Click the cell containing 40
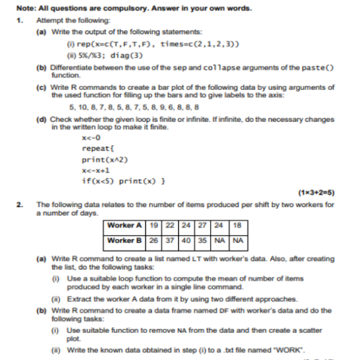pyautogui.click(x=185, y=240)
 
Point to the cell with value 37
pyautogui.click(x=170, y=240)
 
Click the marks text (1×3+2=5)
pyautogui.click(x=316, y=193)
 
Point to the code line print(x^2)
pyautogui.click(x=104, y=160)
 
